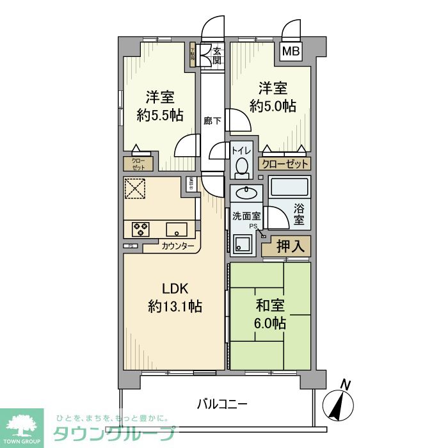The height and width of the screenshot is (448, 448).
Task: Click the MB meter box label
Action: [290, 52]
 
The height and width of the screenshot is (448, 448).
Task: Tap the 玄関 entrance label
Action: [217, 56]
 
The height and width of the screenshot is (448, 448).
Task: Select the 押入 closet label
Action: [286, 245]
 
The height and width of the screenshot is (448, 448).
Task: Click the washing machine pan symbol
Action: [243, 246]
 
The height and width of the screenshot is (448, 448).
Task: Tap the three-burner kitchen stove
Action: [141, 228]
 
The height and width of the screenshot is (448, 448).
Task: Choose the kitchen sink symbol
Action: [176, 228]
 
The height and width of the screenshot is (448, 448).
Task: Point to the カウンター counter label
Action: [178, 246]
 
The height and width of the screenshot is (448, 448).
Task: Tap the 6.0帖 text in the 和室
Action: [269, 323]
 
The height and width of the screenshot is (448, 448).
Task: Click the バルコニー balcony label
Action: [221, 404]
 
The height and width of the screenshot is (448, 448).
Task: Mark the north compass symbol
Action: [342, 401]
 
